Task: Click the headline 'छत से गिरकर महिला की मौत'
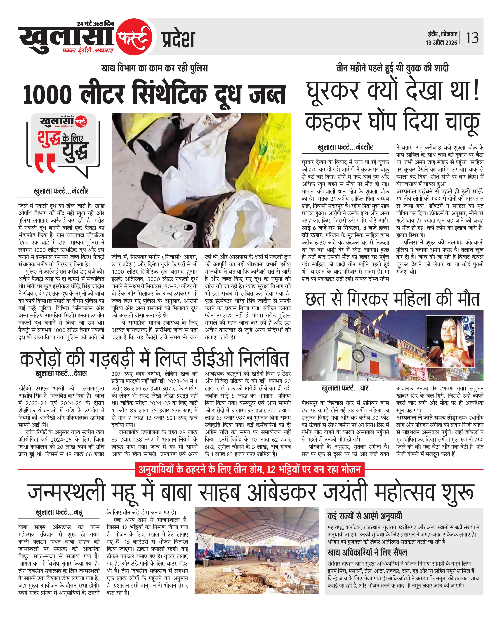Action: [x=392, y=299]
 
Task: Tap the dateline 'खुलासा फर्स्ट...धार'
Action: [x=345, y=388]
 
